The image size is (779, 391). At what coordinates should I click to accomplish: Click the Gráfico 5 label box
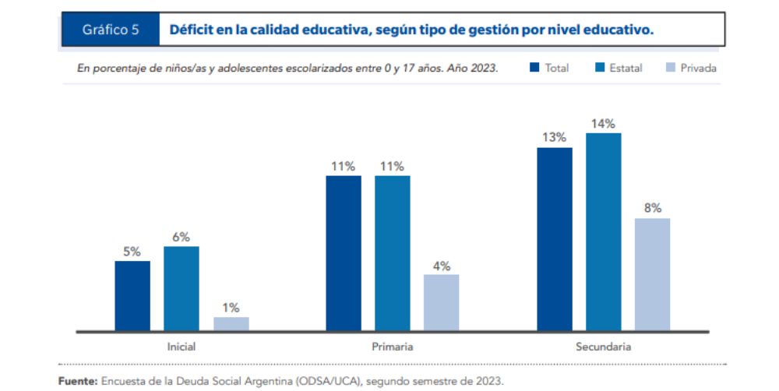coord(111,30)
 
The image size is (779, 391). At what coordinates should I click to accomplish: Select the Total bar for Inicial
coord(132,296)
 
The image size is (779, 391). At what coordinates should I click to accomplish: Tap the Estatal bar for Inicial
coord(181,288)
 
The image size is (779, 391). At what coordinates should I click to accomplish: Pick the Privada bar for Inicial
coord(231,324)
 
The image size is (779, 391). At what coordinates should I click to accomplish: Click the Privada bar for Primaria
coord(441,302)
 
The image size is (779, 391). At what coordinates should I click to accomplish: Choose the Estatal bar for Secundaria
coord(604,231)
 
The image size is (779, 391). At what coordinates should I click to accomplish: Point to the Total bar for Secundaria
coord(555,239)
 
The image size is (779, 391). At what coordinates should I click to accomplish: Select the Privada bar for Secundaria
coord(652,274)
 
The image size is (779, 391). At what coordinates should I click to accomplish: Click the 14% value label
coord(604,123)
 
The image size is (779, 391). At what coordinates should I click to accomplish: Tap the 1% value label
coord(231,307)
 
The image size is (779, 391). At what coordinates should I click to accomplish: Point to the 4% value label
coord(441,265)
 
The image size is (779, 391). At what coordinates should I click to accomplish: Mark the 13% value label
coord(555,137)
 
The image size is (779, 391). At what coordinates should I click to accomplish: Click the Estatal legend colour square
coord(600,68)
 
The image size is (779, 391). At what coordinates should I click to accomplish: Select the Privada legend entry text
coord(698,68)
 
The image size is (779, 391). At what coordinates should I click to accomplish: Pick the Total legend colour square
coord(534,68)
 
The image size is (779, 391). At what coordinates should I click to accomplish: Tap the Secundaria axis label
coord(604,346)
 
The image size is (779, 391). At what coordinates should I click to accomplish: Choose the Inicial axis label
coord(182,346)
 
